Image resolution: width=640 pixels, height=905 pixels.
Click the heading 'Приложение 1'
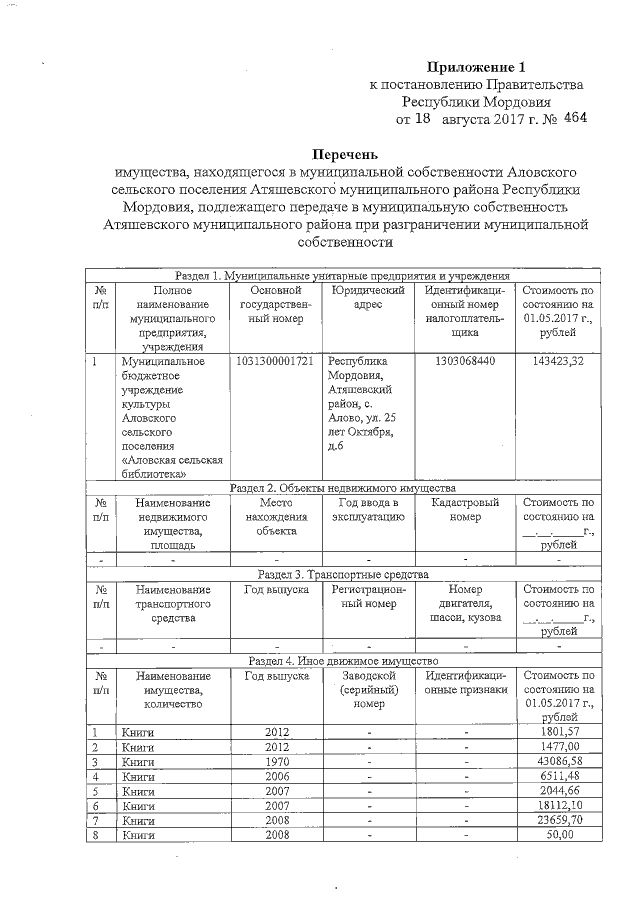pos(476,67)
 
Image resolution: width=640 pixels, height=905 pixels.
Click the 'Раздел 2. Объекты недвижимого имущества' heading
pos(343,487)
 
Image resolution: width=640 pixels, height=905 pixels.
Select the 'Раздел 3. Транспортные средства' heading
pos(343,575)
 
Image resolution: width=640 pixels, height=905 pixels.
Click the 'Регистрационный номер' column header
pos(368,597)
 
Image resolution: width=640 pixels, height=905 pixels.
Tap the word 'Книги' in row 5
pos(137,791)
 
